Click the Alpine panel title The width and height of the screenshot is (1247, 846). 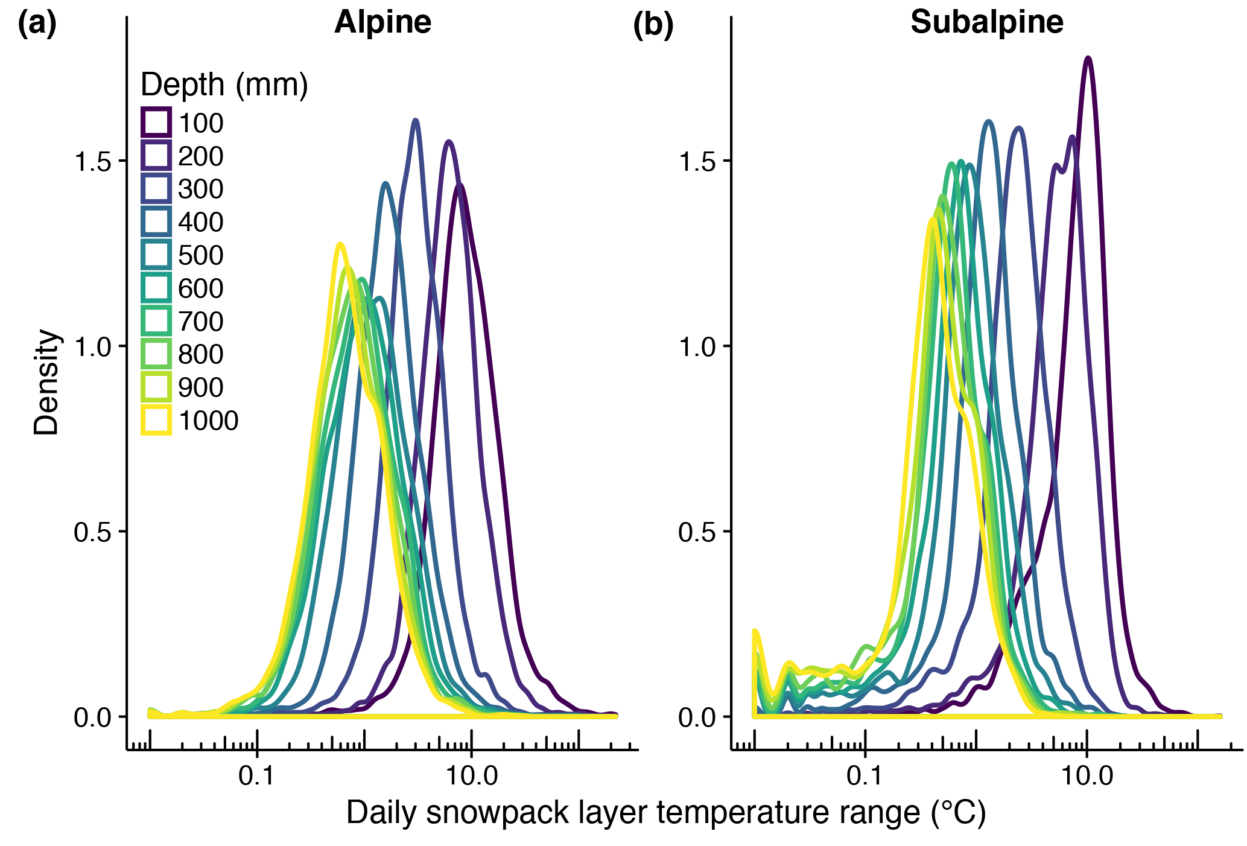pyautogui.click(x=382, y=23)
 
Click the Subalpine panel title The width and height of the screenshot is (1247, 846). pyautogui.click(x=986, y=23)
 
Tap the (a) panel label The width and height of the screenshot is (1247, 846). pyautogui.click(x=37, y=24)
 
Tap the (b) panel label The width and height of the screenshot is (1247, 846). pyautogui.click(x=653, y=25)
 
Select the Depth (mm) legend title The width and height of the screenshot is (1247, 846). pyautogui.click(x=224, y=84)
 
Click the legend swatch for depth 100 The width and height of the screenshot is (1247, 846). pyautogui.click(x=156, y=122)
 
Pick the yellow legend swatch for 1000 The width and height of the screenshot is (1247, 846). pyautogui.click(x=156, y=420)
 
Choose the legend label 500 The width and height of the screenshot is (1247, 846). pyautogui.click(x=201, y=255)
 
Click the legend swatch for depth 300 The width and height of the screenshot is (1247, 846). pyautogui.click(x=156, y=189)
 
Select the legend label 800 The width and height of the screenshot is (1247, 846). pyautogui.click(x=201, y=354)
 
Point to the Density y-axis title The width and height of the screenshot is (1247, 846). pyautogui.click(x=46, y=381)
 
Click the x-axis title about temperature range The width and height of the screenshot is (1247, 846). pyautogui.click(x=665, y=812)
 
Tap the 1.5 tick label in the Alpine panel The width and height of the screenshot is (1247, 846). pyautogui.click(x=92, y=162)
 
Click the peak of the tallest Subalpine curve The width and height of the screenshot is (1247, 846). pyautogui.click(x=1088, y=59)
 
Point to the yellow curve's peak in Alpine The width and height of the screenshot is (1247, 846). pyautogui.click(x=340, y=244)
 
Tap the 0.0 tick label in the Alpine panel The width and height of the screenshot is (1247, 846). pyautogui.click(x=92, y=717)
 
